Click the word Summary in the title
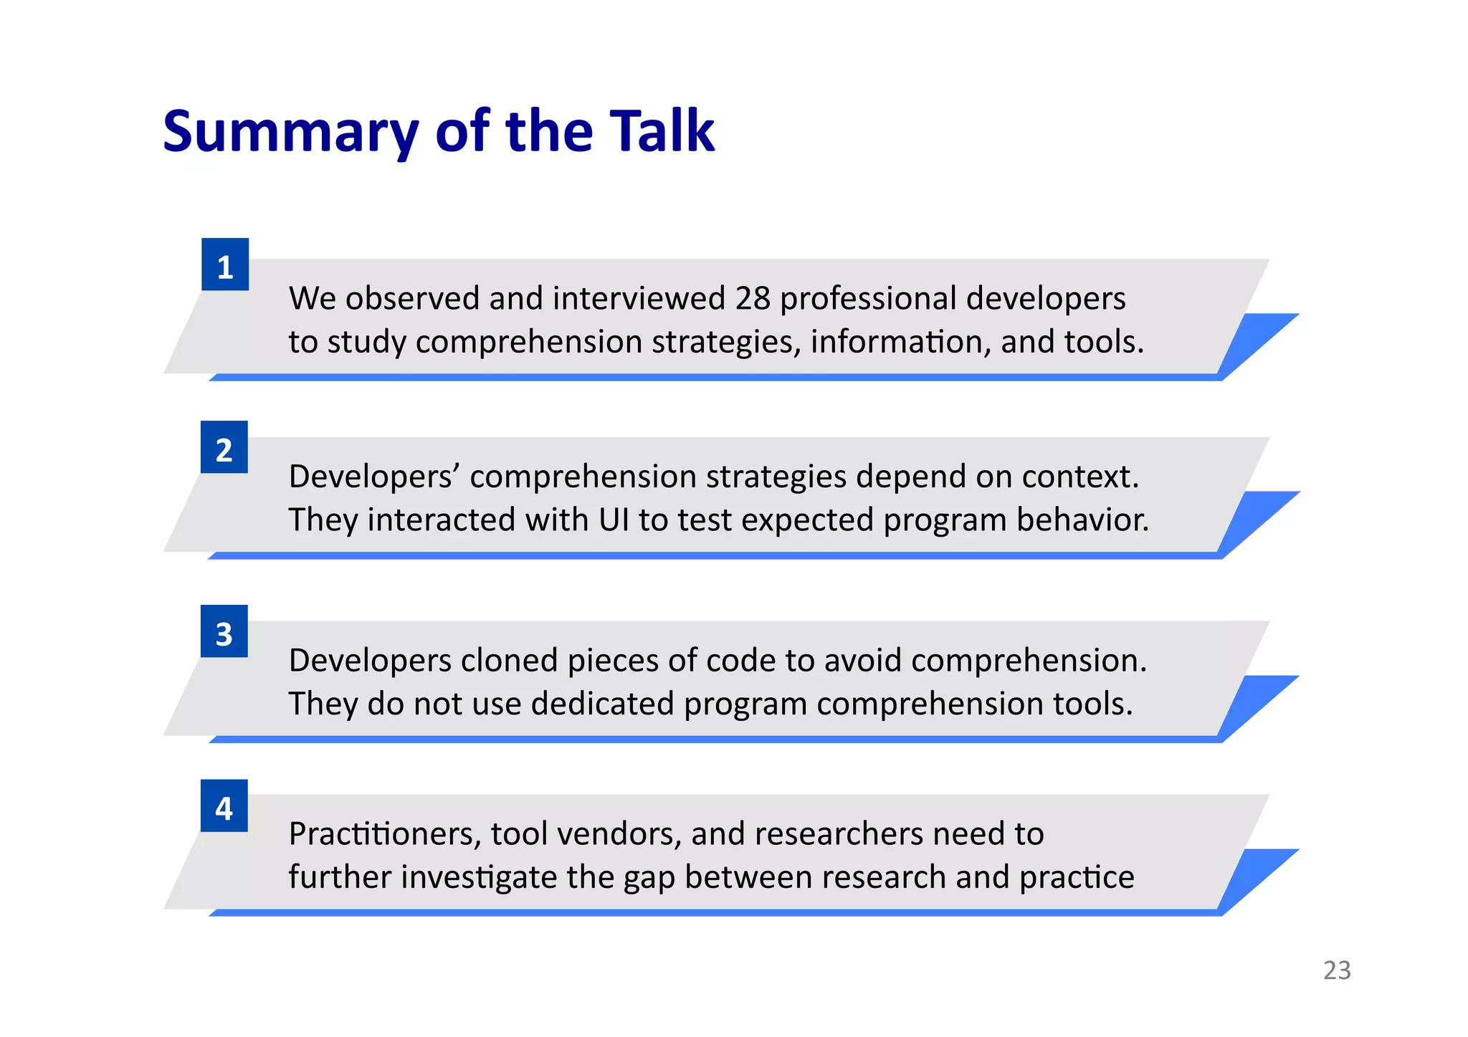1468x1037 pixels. click(290, 133)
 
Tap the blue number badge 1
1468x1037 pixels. click(225, 265)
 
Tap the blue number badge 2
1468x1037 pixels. click(224, 448)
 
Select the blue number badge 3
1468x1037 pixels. click(224, 632)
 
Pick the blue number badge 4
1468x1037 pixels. click(224, 806)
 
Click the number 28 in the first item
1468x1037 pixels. click(752, 298)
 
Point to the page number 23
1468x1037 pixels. click(1337, 970)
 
